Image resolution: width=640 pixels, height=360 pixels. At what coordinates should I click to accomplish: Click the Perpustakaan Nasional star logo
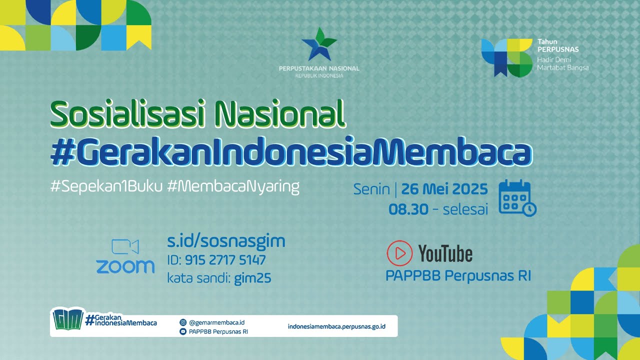[319, 45]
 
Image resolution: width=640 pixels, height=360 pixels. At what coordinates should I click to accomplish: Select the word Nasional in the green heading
[279, 114]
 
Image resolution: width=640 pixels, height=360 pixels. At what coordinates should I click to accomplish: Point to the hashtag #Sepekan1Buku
[106, 187]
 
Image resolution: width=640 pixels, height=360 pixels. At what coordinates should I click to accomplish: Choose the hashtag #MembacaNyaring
[233, 187]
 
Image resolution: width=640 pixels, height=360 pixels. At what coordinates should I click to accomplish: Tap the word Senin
[371, 189]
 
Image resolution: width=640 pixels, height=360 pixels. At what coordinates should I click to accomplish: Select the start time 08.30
[408, 209]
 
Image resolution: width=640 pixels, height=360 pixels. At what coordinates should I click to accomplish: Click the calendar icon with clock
[517, 198]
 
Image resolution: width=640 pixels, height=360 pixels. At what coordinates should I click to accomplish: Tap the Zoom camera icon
[125, 247]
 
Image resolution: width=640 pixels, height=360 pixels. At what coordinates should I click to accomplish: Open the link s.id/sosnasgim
[226, 241]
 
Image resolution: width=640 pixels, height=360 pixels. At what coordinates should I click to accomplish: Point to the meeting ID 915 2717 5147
[225, 260]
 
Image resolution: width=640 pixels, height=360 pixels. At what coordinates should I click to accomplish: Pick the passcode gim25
[252, 278]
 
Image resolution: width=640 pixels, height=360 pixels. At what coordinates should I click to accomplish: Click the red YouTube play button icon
[399, 253]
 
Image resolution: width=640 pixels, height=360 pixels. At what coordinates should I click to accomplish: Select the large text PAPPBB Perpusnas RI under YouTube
[458, 276]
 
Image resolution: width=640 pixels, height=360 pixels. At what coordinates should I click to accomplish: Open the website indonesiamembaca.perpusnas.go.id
[336, 326]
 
